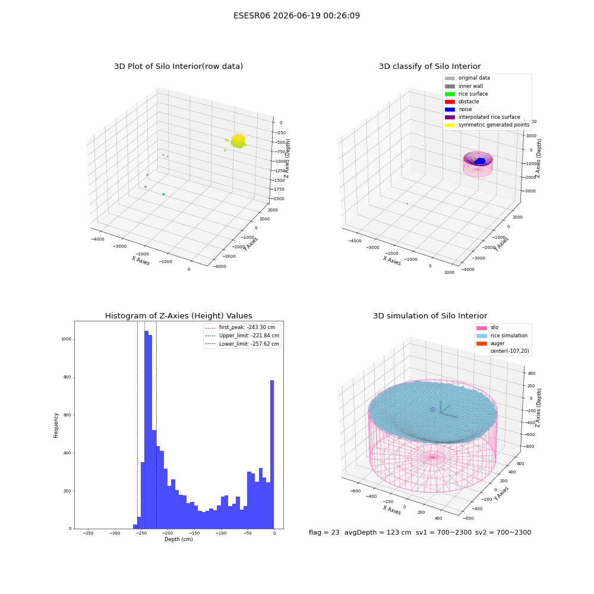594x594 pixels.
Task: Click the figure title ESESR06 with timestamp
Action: pos(296,15)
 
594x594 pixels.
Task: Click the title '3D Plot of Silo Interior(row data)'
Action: pos(178,67)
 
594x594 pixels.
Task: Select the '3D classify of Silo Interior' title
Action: pos(430,67)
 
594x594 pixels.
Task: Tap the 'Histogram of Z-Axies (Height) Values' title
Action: pos(178,315)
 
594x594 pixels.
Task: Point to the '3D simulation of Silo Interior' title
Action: pos(430,315)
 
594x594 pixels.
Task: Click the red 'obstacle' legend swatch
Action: pos(450,102)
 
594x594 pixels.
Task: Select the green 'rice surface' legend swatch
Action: pos(450,94)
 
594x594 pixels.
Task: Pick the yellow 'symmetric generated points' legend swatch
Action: pos(450,125)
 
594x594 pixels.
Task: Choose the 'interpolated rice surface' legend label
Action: pos(489,117)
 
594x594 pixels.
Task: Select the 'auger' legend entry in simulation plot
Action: pos(497,343)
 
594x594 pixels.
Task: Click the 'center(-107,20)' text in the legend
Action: pos(510,351)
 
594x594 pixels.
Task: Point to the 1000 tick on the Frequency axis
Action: pos(67,339)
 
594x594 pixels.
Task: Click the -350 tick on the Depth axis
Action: pos(88,533)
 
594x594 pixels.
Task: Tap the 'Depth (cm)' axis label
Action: pos(178,539)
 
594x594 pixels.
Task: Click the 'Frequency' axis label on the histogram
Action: pos(56,425)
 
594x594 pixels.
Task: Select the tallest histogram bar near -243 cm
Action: pos(147,429)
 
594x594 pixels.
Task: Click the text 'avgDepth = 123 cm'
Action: pos(378,532)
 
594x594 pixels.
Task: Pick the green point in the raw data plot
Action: pos(164,194)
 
